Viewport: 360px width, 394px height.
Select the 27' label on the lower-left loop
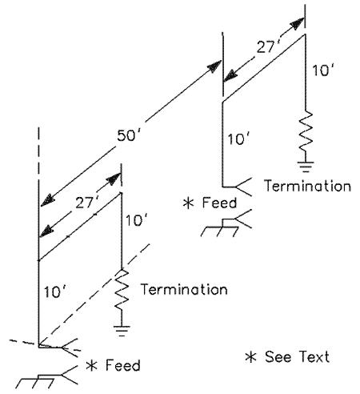[x=86, y=203]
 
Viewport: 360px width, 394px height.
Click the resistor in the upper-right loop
[x=306, y=131]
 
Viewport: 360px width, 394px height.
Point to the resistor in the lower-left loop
[x=122, y=290]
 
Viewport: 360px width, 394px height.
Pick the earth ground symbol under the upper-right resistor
[x=306, y=167]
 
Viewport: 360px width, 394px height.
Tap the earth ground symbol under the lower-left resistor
[x=122, y=331]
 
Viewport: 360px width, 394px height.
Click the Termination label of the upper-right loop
[x=307, y=186]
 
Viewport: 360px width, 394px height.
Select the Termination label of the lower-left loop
[x=184, y=289]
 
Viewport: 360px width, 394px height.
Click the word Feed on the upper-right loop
[x=219, y=203]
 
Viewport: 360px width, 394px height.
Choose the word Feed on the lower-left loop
[x=123, y=365]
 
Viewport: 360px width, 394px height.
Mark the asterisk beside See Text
[x=251, y=357]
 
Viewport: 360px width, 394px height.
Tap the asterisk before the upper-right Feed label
[x=189, y=203]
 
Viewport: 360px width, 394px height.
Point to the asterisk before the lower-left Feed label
[x=92, y=366]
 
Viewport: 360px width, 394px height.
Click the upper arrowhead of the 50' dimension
[x=215, y=66]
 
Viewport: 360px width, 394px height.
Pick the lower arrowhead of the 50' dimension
[x=48, y=200]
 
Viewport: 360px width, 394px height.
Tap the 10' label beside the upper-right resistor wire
[x=322, y=70]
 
